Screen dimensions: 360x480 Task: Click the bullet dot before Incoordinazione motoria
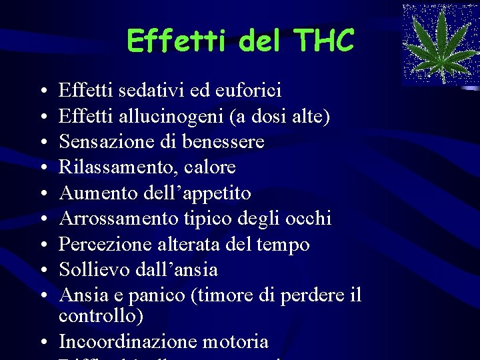point(43,343)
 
